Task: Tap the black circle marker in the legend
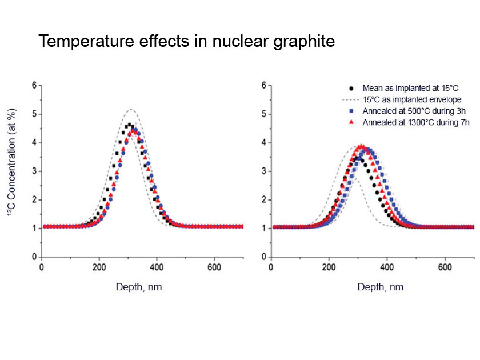(x=350, y=89)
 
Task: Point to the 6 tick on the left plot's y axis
(x=34, y=85)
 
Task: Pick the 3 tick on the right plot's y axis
(x=263, y=171)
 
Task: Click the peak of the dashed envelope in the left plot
(x=131, y=110)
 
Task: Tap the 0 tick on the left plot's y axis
(x=34, y=257)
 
